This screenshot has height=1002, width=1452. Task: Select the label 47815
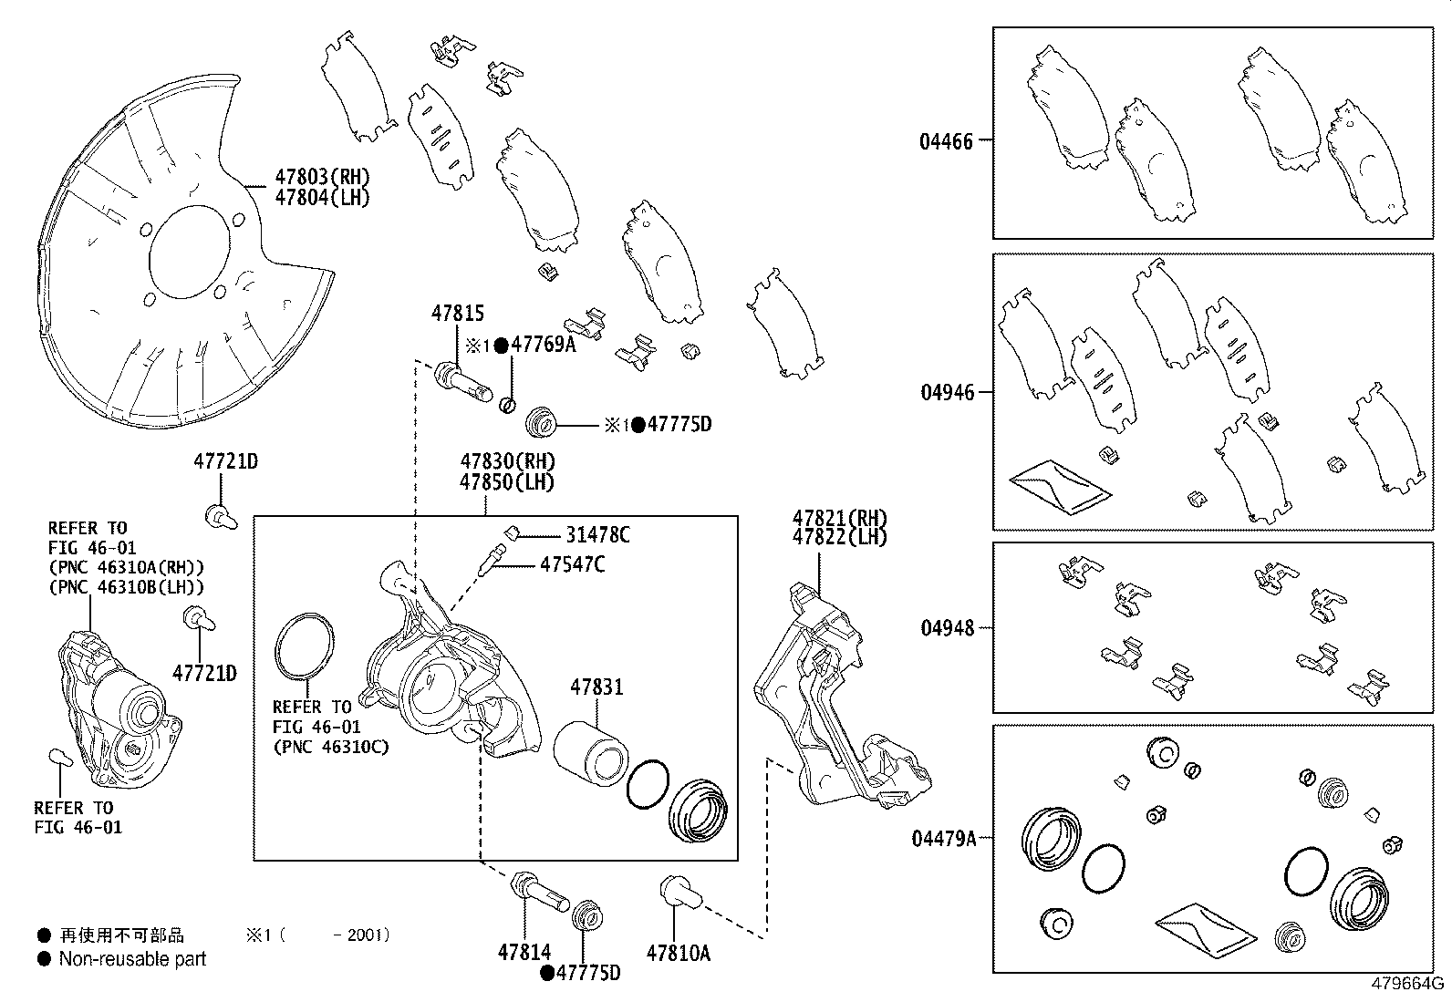[458, 315]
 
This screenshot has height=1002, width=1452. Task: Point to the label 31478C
[597, 535]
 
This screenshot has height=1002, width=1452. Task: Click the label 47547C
[572, 564]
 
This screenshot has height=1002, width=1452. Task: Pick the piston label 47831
[596, 687]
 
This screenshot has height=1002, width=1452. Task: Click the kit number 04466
[946, 141]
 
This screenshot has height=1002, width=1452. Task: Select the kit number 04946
[946, 393]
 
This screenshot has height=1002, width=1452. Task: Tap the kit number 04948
[946, 628]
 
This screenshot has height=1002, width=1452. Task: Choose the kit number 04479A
[943, 838]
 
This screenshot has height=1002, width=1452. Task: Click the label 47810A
[678, 954]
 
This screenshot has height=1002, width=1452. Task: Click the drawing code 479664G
[1405, 985]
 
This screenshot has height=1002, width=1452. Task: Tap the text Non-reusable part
[132, 959]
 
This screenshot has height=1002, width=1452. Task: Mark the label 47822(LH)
[839, 537]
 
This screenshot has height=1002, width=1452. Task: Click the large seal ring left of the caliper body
[305, 649]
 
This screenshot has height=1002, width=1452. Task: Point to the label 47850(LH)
[507, 482]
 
